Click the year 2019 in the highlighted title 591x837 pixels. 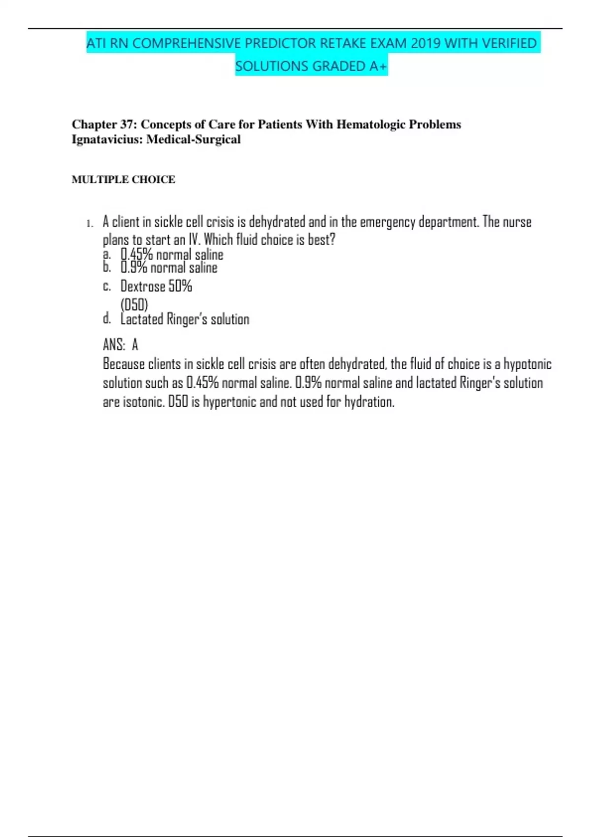[x=426, y=43]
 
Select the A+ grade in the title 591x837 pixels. [x=379, y=66]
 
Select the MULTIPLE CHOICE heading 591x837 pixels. [x=123, y=179]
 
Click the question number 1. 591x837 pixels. [x=89, y=224]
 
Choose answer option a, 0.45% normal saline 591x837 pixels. [x=171, y=255]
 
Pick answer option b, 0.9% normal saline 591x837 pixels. [x=168, y=268]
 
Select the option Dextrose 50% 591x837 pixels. [x=156, y=286]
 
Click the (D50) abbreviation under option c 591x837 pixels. [x=134, y=304]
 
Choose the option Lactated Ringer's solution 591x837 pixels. [x=185, y=319]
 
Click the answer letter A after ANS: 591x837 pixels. [x=135, y=345]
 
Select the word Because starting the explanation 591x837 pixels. [x=124, y=364]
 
